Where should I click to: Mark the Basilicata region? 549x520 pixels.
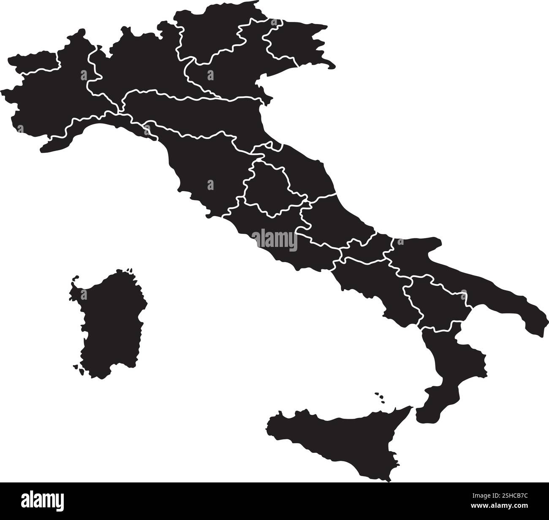435,304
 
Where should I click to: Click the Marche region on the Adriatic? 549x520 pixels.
308,173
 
